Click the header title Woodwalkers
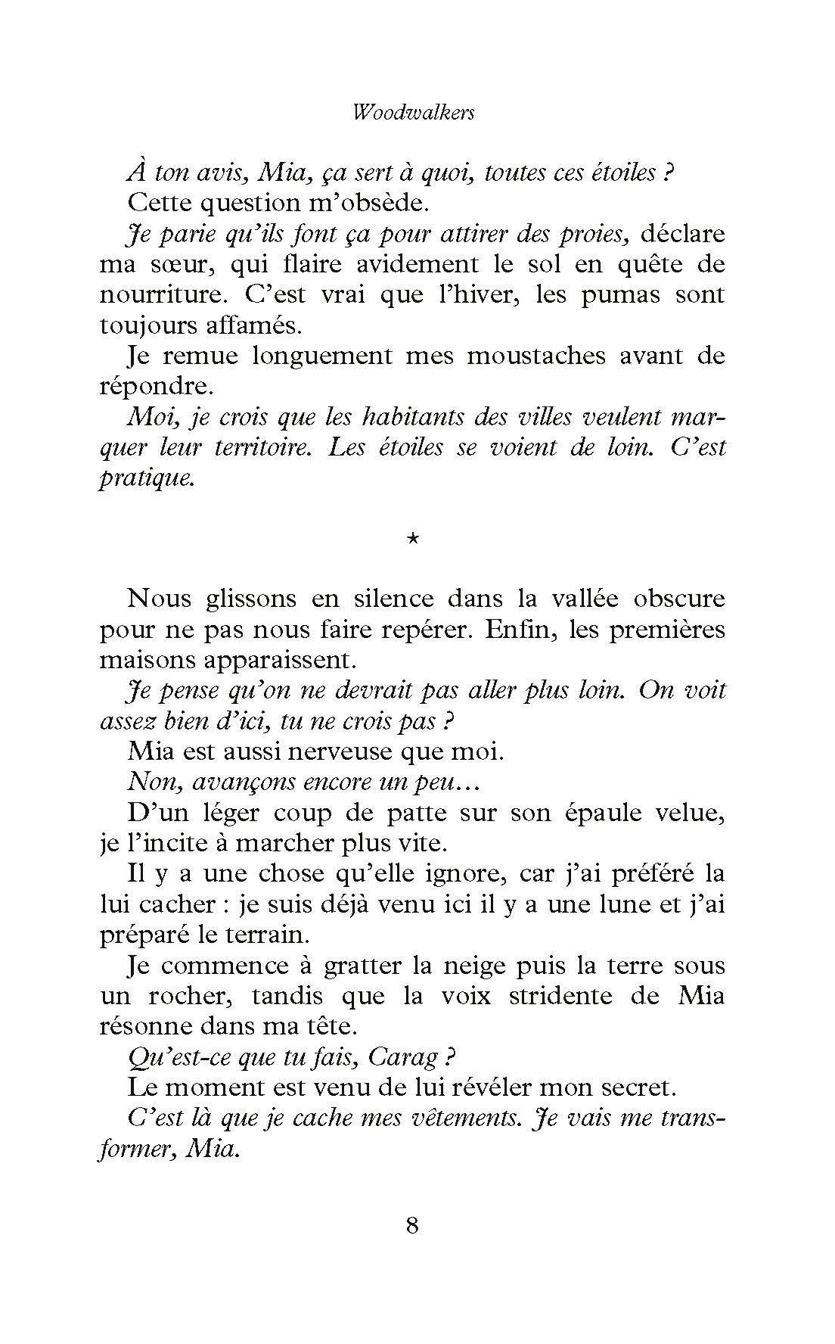coord(414,113)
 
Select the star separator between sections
coord(413,538)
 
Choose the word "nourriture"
coord(147,294)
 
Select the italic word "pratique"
coord(147,479)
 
